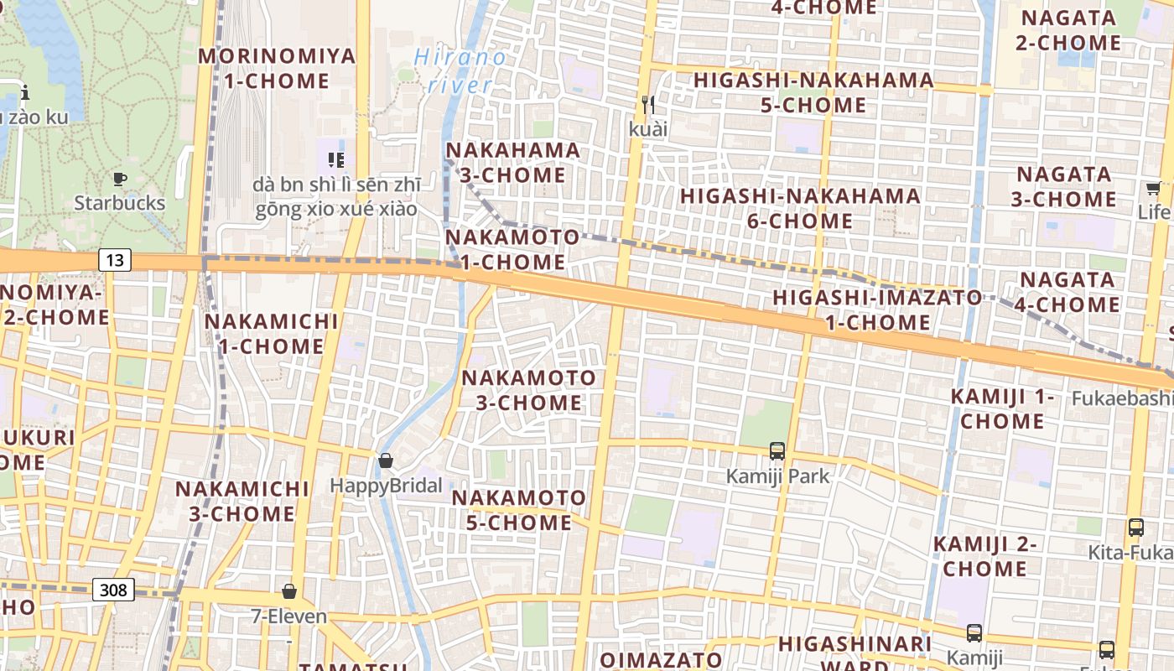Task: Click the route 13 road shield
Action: (115, 260)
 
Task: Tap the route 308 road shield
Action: (113, 590)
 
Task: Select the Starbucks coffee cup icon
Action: (120, 179)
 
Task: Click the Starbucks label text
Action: (120, 203)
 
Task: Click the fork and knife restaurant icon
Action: (647, 105)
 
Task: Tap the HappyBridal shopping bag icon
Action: (386, 460)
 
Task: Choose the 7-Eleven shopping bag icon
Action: (289, 591)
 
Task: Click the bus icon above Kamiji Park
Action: (777, 451)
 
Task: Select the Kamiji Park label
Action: (777, 476)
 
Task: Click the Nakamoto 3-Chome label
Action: (529, 390)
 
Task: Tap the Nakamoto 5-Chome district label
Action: (519, 510)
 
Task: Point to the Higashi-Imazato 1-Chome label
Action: (877, 309)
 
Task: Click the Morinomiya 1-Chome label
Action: (277, 69)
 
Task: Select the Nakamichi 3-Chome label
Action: (242, 501)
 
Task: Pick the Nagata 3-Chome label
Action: (1064, 187)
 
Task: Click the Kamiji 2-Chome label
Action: (985, 556)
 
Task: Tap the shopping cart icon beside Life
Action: (1153, 188)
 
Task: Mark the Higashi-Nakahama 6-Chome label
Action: (800, 208)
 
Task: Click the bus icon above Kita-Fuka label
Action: (1136, 528)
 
